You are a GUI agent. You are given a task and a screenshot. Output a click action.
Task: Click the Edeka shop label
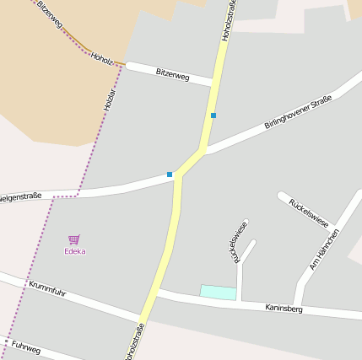76,251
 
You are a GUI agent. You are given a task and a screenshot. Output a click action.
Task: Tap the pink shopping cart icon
73,240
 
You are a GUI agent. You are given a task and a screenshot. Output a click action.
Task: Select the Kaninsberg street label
283,309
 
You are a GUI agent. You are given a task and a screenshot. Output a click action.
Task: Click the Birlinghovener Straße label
297,112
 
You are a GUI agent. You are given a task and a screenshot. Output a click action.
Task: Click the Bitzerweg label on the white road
172,76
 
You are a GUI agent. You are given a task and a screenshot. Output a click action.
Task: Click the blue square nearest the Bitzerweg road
213,116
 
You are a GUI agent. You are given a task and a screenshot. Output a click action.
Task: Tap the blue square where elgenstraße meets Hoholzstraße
170,175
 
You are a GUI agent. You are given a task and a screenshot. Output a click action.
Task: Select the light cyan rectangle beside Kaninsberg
218,292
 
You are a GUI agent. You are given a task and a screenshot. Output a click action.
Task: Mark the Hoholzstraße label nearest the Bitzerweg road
229,19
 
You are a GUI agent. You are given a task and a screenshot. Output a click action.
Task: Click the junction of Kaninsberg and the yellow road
157,293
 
